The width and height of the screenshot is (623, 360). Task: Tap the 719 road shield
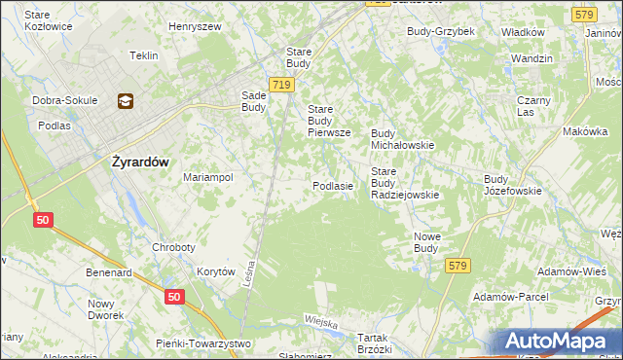click(x=281, y=85)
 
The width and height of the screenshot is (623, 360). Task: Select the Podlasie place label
click(x=332, y=185)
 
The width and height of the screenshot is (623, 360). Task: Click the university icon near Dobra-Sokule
click(x=126, y=99)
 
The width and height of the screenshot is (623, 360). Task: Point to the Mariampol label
click(x=207, y=178)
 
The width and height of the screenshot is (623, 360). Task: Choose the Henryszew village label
click(x=194, y=27)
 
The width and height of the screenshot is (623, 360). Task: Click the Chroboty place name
click(x=175, y=247)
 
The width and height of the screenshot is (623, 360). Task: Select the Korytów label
click(x=216, y=272)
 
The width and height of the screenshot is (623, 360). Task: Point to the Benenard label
click(x=108, y=273)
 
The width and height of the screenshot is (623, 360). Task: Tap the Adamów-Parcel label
click(x=510, y=296)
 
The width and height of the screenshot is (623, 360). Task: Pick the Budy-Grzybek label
click(x=440, y=31)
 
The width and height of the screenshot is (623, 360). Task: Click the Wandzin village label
click(x=531, y=58)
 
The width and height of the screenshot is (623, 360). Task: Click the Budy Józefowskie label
click(x=512, y=185)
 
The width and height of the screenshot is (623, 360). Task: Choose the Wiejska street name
click(x=320, y=322)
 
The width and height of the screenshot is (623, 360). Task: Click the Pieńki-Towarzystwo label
click(x=203, y=343)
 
